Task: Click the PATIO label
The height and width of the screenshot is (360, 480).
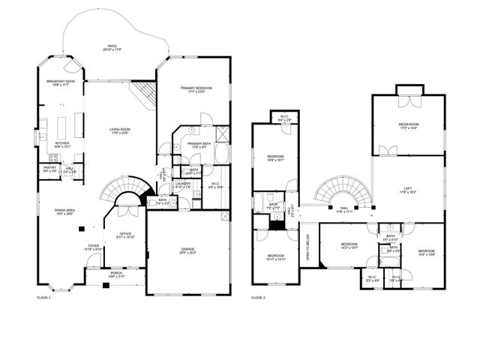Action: coord(112,47)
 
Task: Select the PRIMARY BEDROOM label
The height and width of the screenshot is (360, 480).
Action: coord(196,88)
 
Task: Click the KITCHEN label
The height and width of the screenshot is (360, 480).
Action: coord(62,144)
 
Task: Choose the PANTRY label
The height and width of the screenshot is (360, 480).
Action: coord(49,168)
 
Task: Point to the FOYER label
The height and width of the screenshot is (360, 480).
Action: coord(94,245)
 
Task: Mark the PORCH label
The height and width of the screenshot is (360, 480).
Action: coord(117,274)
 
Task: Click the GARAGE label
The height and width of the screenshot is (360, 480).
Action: coord(187,250)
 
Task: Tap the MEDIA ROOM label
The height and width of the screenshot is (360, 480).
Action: coord(408,126)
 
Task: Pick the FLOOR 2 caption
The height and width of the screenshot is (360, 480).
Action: coord(258,298)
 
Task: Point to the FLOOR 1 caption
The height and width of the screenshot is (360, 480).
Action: coord(44,298)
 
